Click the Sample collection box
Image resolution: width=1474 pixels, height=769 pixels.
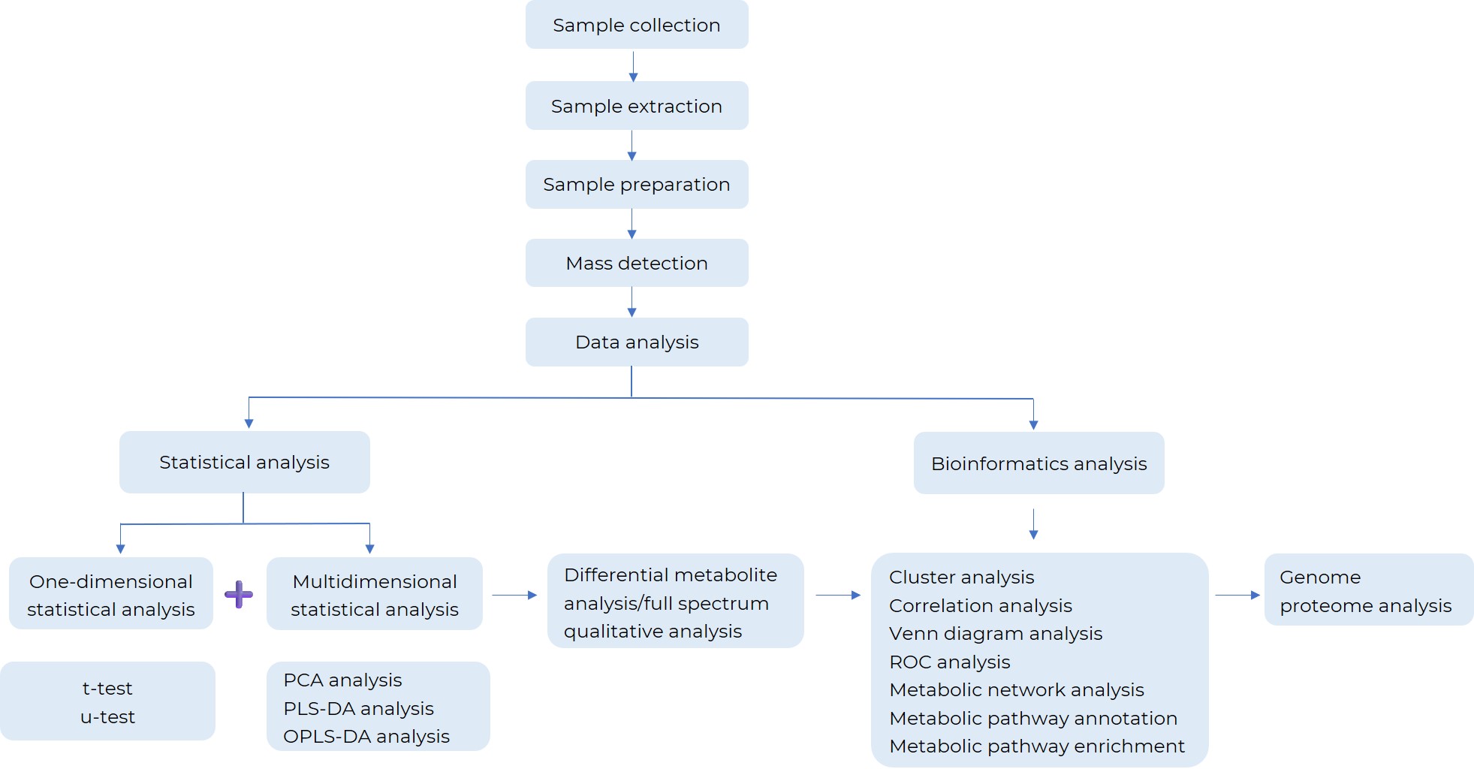pyautogui.click(x=637, y=25)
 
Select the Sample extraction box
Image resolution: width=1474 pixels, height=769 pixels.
pyautogui.click(x=637, y=106)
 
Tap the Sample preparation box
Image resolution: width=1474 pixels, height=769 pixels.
pyautogui.click(x=637, y=185)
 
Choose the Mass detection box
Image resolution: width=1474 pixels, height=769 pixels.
pyautogui.click(x=637, y=263)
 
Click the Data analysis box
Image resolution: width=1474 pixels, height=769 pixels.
pyautogui.click(x=637, y=342)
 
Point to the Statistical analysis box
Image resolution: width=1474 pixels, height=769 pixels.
pyautogui.click(x=244, y=463)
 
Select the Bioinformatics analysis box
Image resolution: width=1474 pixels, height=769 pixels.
pyautogui.click(x=1038, y=463)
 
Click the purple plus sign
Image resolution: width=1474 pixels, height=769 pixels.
pyautogui.click(x=239, y=595)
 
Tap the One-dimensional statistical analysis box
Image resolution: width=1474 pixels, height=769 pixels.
pyautogui.click(x=111, y=594)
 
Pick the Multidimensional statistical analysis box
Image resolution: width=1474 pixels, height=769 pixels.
pyautogui.click(x=375, y=594)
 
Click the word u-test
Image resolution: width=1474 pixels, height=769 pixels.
pyautogui.click(x=107, y=717)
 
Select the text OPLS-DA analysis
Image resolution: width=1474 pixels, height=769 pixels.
pyautogui.click(x=366, y=737)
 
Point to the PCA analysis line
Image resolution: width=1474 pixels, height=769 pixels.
pyautogui.click(x=342, y=680)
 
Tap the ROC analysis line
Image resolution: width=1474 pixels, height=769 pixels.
pyautogui.click(x=949, y=662)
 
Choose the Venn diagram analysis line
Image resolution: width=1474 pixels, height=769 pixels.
pyautogui.click(x=996, y=634)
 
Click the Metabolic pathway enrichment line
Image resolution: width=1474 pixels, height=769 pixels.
pyautogui.click(x=1036, y=746)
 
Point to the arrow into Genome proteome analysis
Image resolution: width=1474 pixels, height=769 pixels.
pyautogui.click(x=1237, y=595)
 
